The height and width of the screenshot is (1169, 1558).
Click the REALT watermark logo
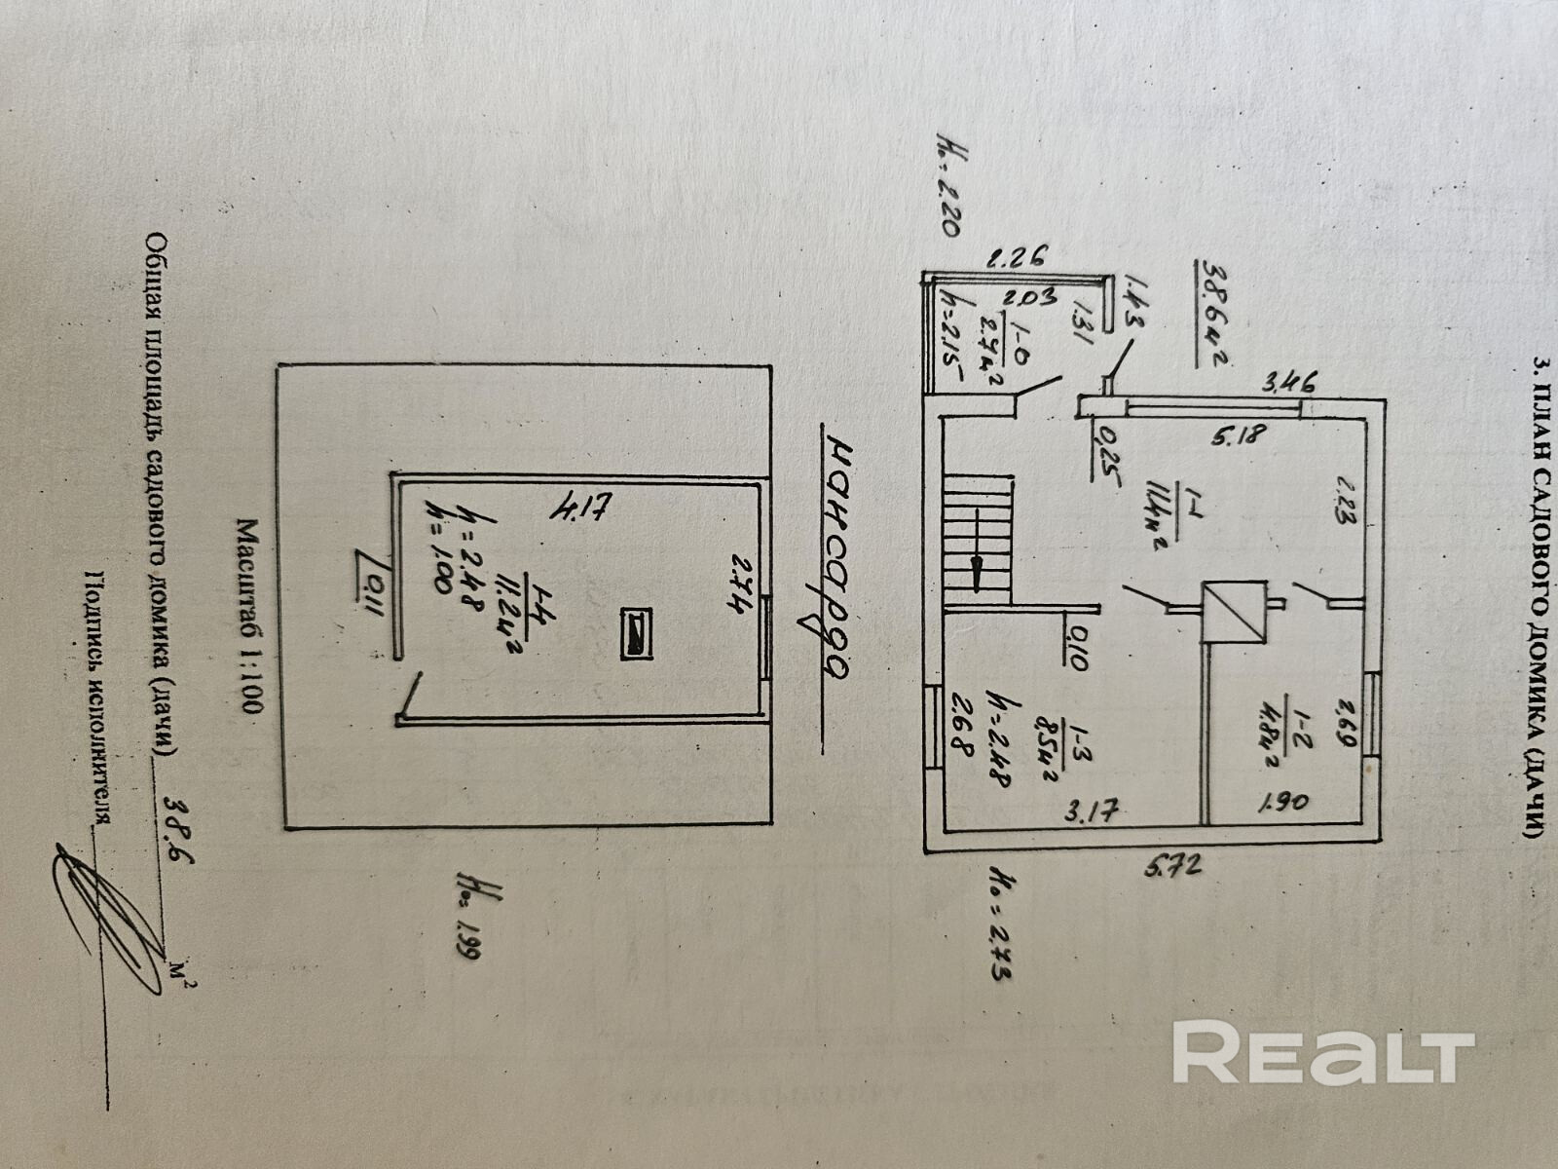1322,1052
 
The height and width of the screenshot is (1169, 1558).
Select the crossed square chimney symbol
1234,613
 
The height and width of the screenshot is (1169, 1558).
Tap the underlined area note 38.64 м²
1212,310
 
